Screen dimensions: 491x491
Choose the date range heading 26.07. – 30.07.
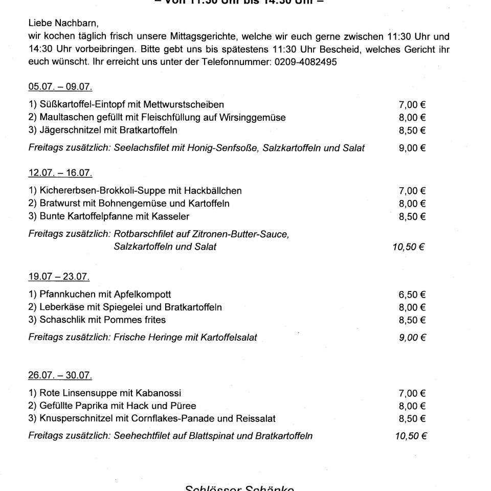(60, 375)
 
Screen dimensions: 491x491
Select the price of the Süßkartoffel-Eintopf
(412, 105)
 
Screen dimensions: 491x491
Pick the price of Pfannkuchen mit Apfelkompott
(412, 295)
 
